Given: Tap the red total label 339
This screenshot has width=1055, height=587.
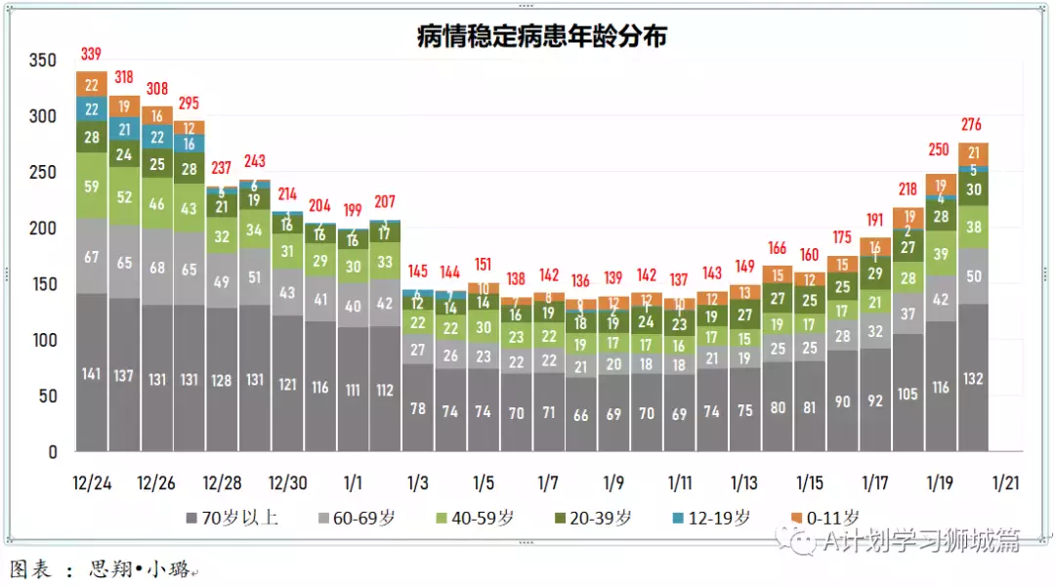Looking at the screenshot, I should pos(91,54).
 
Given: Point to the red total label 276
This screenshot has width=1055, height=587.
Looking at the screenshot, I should pos(971,125).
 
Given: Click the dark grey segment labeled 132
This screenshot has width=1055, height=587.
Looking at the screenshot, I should pos(973,379).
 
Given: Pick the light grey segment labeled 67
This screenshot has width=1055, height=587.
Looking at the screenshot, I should pos(91,256).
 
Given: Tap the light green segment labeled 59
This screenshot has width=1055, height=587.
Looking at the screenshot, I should pos(91,186).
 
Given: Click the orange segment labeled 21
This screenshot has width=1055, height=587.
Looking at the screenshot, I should pos(973,153).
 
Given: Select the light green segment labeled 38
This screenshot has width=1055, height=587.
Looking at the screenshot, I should pos(973,227).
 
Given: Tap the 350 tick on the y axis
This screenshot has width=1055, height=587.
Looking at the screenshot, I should pos(43,61).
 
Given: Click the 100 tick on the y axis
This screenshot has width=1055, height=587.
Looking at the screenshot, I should pos(43,340).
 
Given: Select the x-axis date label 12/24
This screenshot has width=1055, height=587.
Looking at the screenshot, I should pos(91,482).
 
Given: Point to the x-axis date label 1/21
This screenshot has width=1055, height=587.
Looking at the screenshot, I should pos(1006,482).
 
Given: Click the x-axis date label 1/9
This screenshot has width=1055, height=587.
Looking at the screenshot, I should pos(613,482).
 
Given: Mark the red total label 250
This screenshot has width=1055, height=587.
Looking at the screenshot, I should pos(940,149).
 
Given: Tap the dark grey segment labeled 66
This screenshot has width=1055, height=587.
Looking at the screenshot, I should pos(580,415).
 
